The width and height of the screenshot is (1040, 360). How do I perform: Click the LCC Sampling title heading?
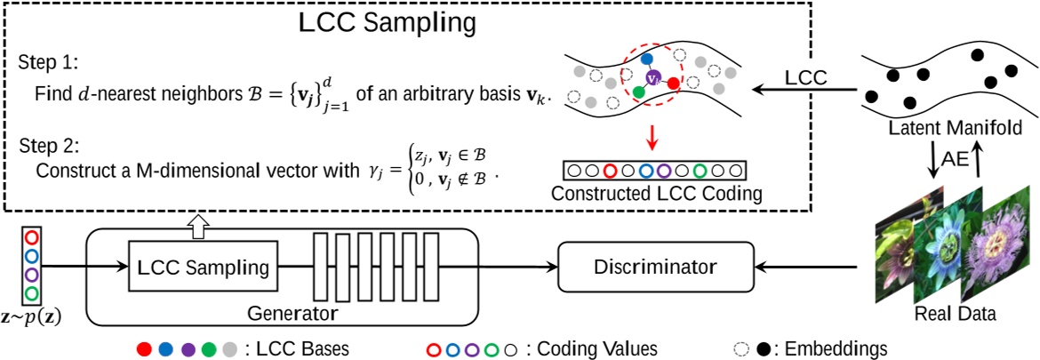click(387, 24)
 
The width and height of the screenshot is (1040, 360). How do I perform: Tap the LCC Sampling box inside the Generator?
click(204, 266)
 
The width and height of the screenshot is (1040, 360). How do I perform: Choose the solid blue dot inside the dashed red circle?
click(647, 58)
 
